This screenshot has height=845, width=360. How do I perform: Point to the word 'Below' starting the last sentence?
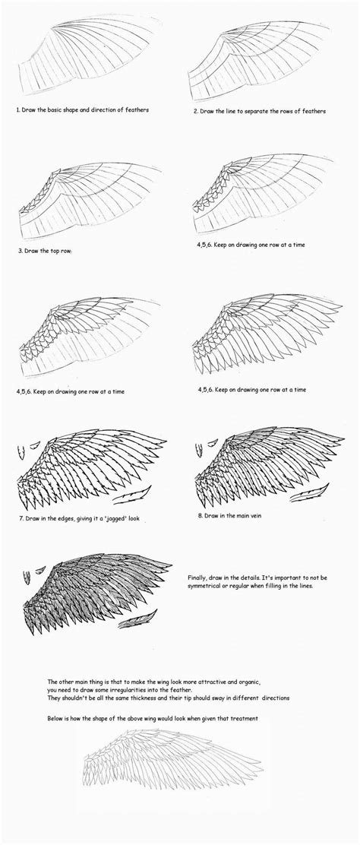(x=55, y=717)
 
